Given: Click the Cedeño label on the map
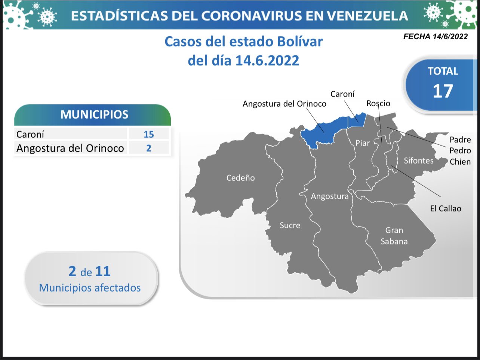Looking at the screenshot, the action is (240, 178).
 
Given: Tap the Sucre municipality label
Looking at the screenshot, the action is (290, 225).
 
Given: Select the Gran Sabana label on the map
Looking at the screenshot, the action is (394, 236).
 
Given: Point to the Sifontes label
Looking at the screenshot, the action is (419, 161).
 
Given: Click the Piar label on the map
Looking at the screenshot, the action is (363, 143).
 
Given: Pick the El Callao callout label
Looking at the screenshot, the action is (446, 208).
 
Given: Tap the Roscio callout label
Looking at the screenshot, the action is (378, 103).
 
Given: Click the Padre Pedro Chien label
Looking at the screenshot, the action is (460, 150).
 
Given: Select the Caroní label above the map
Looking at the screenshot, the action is (342, 94).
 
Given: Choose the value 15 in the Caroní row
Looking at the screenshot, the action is (149, 134).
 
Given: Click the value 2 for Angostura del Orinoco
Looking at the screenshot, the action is (149, 148).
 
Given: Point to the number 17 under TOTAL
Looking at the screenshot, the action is (443, 91).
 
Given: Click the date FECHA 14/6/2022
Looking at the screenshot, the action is (436, 36).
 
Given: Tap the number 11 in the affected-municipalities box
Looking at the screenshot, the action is (103, 271).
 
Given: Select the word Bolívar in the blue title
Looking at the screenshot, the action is (300, 42).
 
